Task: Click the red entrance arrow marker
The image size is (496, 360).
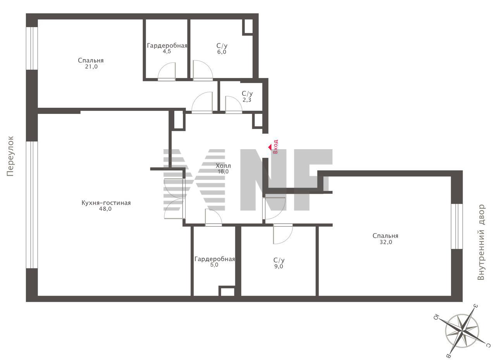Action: (x=270, y=147)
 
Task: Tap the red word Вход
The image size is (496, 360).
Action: (x=276, y=147)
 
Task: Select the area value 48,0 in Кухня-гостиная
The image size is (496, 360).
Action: (x=105, y=209)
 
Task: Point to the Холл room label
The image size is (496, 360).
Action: (x=223, y=165)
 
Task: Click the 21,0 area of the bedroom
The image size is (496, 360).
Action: (x=91, y=67)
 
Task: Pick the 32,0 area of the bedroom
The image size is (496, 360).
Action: (x=386, y=242)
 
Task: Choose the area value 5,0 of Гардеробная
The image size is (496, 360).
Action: (x=214, y=265)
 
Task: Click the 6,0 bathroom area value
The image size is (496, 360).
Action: (x=222, y=52)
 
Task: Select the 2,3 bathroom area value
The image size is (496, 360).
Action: (x=247, y=100)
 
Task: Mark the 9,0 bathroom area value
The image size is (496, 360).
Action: (x=279, y=266)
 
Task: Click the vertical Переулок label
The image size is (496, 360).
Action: (x=10, y=156)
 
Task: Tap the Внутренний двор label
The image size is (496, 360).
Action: (x=481, y=243)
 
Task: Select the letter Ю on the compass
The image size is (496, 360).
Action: (x=436, y=318)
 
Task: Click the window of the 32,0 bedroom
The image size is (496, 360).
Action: (x=457, y=226)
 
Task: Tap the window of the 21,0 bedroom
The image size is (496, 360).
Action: (x=32, y=48)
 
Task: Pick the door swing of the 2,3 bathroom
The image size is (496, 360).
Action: (x=234, y=105)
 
